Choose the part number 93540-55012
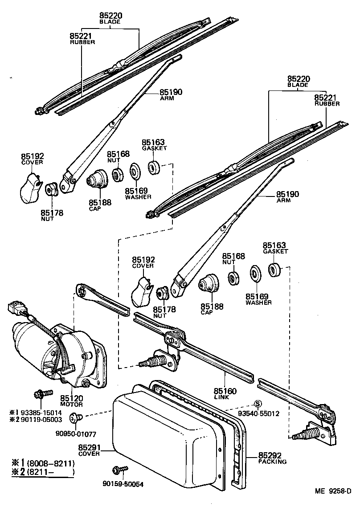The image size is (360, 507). pyautogui.click(x=258, y=413)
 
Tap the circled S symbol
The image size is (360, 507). pyautogui.click(x=257, y=404)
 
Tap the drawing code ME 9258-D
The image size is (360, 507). pyautogui.click(x=333, y=491)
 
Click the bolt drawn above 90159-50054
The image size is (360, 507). pyautogui.click(x=120, y=470)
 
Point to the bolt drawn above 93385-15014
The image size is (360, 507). pyautogui.click(x=40, y=394)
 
